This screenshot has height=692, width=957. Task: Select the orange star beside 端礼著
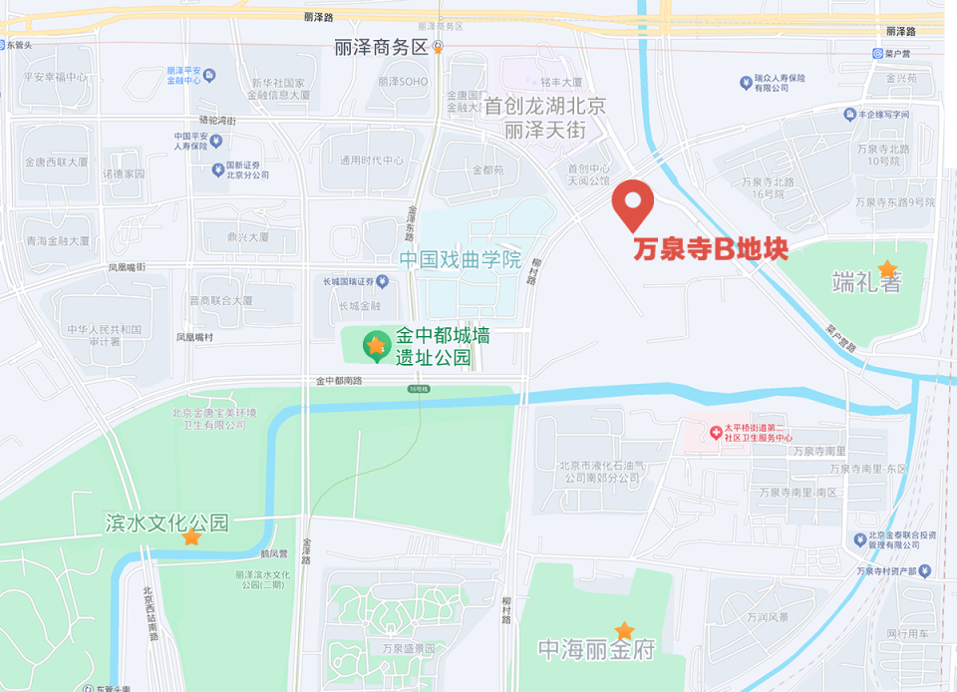coord(886,268)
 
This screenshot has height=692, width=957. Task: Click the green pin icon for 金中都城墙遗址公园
coord(375,346)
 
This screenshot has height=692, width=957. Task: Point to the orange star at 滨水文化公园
coord(190,537)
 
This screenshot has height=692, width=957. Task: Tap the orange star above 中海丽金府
coord(624,630)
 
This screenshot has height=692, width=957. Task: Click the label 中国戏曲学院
coord(461,260)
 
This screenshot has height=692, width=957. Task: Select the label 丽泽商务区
coord(380,47)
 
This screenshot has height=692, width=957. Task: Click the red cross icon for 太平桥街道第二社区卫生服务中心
coord(715,432)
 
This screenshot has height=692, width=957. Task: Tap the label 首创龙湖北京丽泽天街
coord(543,118)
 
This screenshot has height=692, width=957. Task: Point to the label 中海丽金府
coord(596,650)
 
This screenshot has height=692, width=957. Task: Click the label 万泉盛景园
coord(409,648)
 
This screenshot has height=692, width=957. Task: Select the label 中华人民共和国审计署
coord(105,335)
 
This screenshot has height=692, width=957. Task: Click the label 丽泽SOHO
coord(403,82)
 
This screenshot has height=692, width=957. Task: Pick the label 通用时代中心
coord(371,161)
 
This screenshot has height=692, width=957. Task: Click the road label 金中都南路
coord(339,381)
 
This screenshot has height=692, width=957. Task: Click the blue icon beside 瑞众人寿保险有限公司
coord(745,82)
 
